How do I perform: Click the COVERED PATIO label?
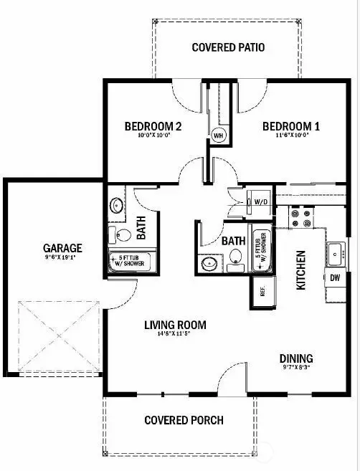(x=229, y=48)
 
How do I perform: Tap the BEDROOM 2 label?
(x=152, y=127)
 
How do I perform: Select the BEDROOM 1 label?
(x=290, y=127)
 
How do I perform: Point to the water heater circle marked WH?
(x=218, y=134)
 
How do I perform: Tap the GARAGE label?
(x=62, y=248)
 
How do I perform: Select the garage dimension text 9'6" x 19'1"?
(x=62, y=258)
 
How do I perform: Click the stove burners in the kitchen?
(x=299, y=214)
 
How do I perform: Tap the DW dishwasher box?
(x=335, y=277)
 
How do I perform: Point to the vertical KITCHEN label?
(x=301, y=270)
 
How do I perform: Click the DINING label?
(x=296, y=358)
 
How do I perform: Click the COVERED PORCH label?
(x=184, y=420)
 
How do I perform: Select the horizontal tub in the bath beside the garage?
(x=126, y=261)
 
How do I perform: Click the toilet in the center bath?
(x=235, y=265)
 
